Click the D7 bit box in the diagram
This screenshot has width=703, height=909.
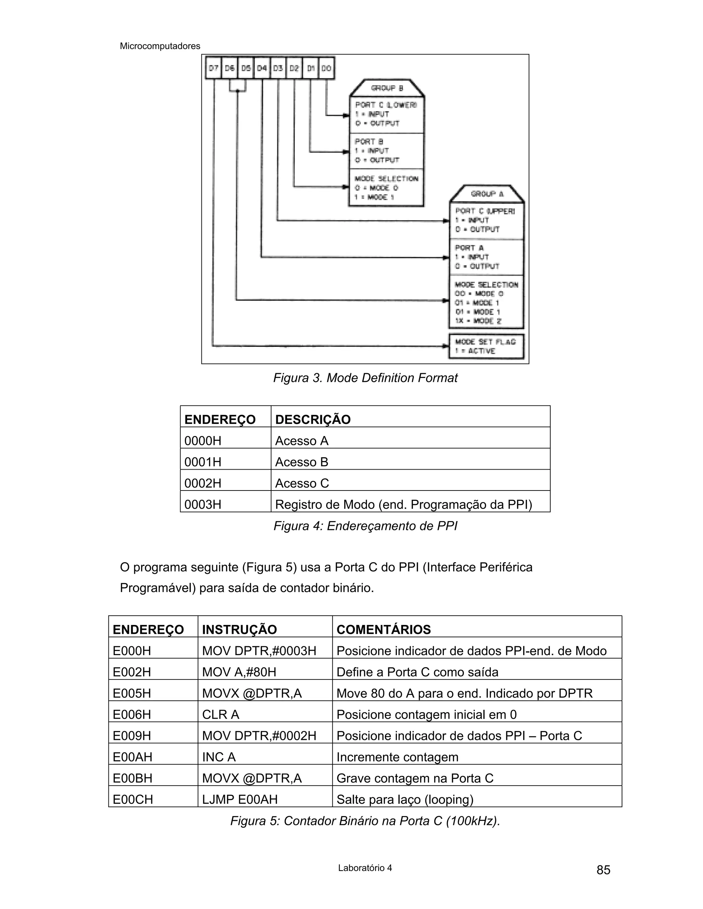tap(214, 68)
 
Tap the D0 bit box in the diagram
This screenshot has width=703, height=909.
tap(326, 68)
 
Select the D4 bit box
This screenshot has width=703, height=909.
tap(262, 68)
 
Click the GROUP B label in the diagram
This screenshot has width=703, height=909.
tap(387, 88)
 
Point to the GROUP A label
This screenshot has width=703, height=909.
tap(487, 194)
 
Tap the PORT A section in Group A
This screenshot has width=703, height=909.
tap(486, 257)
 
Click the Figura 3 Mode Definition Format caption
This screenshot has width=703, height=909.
tap(365, 378)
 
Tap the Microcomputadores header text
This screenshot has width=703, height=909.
tap(160, 46)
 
